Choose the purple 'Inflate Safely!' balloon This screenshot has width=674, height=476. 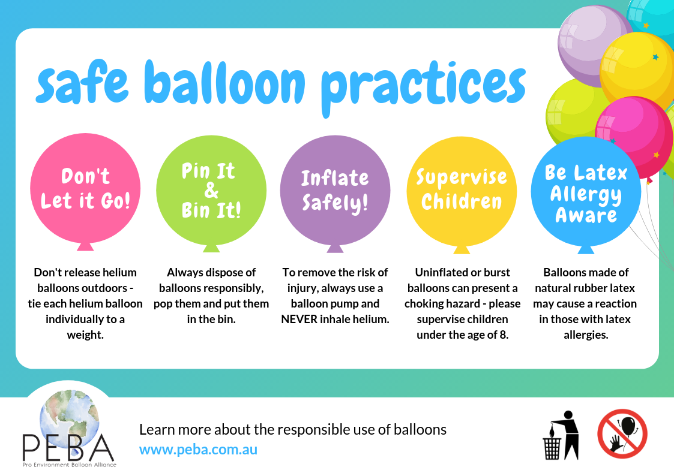[335, 190]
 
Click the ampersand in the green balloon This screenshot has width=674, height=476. [211, 191]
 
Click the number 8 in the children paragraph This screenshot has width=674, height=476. [505, 335]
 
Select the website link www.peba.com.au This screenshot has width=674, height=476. [198, 449]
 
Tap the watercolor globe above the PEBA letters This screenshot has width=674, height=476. [68, 414]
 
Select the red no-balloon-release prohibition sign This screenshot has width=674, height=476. [622, 434]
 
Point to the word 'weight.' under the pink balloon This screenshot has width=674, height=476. [85, 335]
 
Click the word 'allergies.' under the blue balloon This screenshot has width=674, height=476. [586, 335]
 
